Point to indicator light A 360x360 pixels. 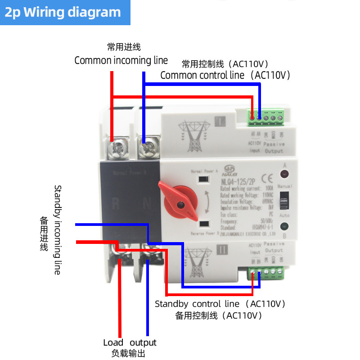point(284,174)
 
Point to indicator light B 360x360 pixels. point(284,228)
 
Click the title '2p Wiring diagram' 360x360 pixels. point(63,12)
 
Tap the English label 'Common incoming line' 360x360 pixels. point(121,60)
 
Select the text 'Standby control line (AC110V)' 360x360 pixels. point(220,304)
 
